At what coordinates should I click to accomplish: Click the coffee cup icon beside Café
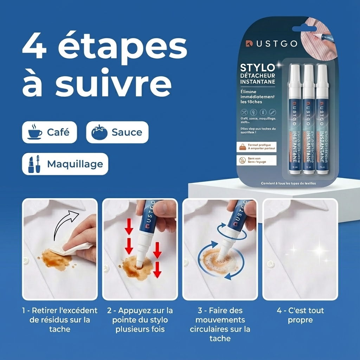[35, 132]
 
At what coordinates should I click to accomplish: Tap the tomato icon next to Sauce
[99, 133]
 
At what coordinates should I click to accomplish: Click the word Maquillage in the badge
[75, 164]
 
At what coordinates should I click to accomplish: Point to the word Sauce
[127, 133]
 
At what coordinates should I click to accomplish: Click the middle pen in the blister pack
[308, 120]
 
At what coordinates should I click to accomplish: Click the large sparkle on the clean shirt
[319, 250]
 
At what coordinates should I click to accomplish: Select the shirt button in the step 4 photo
[270, 264]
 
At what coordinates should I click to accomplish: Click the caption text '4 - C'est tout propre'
[300, 315]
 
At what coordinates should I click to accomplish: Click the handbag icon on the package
[243, 147]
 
